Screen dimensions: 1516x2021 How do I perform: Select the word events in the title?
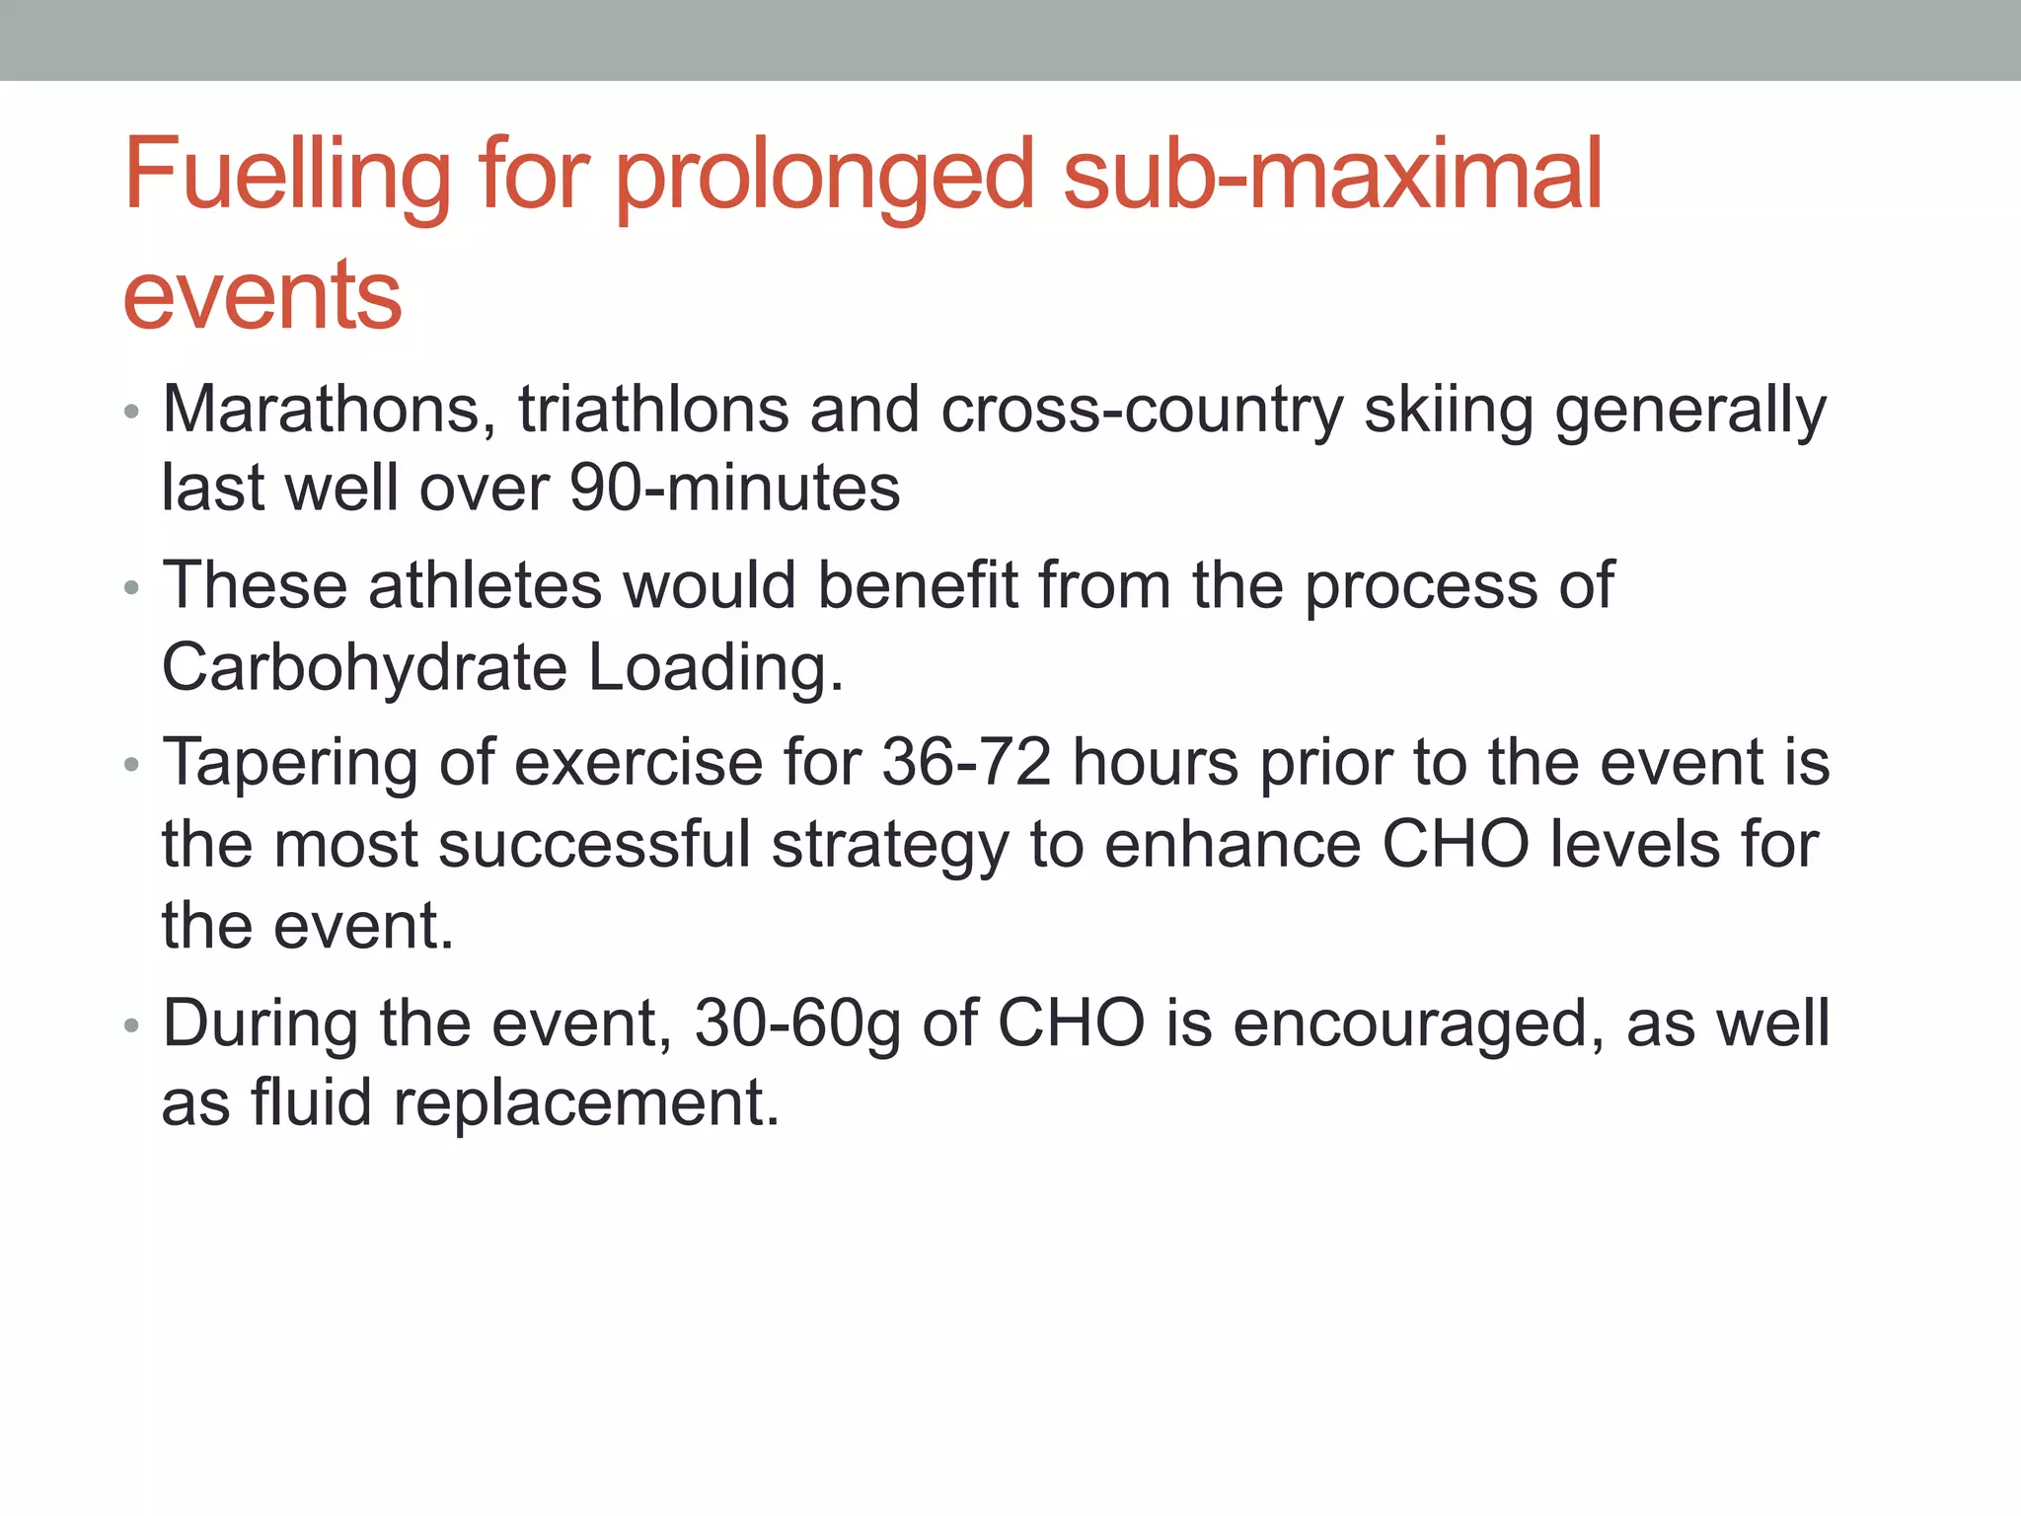click(262, 295)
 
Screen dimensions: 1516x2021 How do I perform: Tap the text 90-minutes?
click(735, 488)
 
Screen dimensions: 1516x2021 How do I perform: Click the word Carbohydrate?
click(364, 668)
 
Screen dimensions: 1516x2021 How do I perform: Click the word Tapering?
click(290, 764)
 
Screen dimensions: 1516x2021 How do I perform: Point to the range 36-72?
click(966, 763)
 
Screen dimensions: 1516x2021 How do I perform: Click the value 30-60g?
click(797, 1023)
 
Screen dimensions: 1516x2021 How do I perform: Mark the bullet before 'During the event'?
click(132, 1026)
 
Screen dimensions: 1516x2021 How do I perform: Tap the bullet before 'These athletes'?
click(132, 589)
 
